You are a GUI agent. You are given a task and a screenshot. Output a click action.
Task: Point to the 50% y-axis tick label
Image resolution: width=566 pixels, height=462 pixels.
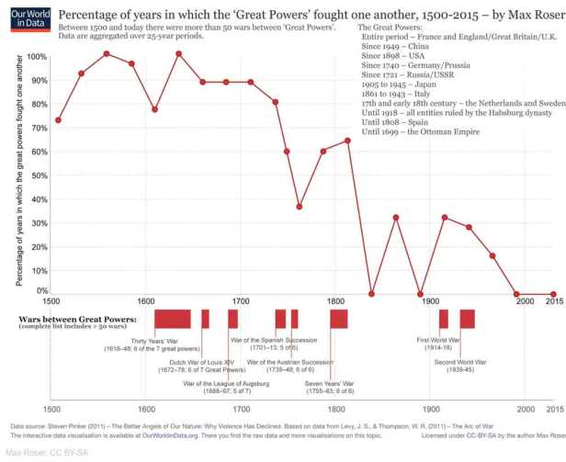pos(38,175)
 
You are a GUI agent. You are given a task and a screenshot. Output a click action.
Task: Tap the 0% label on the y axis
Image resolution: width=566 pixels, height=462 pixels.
pos(40,291)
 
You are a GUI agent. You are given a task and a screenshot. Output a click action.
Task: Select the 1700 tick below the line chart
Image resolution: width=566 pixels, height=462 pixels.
pos(241,301)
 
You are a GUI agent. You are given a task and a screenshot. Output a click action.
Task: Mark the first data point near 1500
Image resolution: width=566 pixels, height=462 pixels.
pos(59,120)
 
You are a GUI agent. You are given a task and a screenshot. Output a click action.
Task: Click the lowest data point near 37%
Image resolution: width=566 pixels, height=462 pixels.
pos(300,207)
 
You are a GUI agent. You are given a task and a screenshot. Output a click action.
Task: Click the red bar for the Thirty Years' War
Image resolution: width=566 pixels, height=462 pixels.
pos(172,319)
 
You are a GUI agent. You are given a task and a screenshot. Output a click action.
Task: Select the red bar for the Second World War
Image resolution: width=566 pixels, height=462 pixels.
pos(468,319)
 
